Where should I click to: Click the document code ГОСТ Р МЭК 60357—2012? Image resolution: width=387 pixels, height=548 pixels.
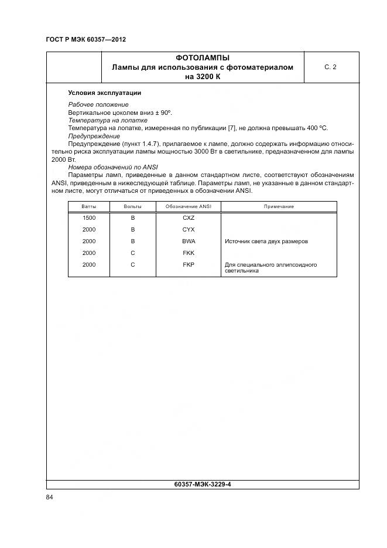[x=85, y=39]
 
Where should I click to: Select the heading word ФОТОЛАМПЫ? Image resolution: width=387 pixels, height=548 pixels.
[x=202, y=58]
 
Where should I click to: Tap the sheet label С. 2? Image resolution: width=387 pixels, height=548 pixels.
[x=330, y=67]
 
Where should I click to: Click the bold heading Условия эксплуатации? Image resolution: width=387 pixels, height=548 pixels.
[x=104, y=93]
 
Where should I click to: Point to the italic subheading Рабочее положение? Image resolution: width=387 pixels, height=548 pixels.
[x=98, y=104]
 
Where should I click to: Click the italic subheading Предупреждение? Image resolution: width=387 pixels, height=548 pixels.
[x=94, y=135]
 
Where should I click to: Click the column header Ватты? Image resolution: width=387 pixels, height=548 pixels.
[x=89, y=207]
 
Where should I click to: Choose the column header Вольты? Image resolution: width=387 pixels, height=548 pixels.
[x=133, y=207]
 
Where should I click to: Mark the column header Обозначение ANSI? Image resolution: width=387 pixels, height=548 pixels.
[x=189, y=207]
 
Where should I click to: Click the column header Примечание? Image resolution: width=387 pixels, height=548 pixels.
[x=279, y=207]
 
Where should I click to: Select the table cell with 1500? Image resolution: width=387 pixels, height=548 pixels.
[x=89, y=218]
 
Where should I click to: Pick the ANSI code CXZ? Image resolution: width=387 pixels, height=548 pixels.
[x=189, y=218]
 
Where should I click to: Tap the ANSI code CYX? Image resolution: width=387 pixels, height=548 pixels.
[x=189, y=230]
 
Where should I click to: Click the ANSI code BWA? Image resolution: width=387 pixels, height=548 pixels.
[x=189, y=241]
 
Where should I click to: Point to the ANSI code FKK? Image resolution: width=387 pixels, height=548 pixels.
[x=189, y=253]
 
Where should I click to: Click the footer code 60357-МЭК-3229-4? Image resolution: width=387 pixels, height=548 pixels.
[x=202, y=485]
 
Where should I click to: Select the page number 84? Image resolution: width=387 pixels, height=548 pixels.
[x=50, y=498]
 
